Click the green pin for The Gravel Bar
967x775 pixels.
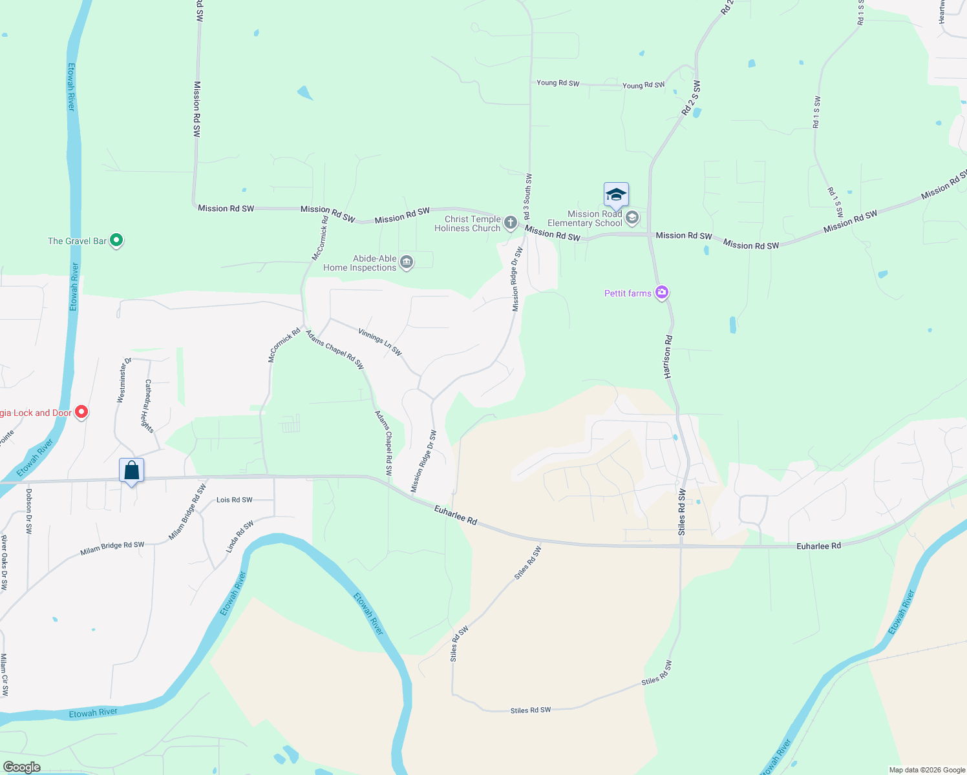[x=116, y=241]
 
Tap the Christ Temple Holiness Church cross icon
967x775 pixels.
[x=511, y=223]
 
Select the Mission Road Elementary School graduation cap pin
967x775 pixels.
[x=616, y=195]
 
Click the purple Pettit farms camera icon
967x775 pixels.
[x=661, y=293]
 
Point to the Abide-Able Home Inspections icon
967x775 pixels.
[x=407, y=262]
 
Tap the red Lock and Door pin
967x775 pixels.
[x=81, y=412]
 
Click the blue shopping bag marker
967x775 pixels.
[x=131, y=471]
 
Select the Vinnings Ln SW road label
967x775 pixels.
[x=380, y=342]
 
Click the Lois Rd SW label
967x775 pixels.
[x=234, y=500]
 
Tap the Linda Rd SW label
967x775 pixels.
[x=239, y=537]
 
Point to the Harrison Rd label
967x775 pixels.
[x=668, y=356]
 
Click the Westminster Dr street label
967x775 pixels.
[x=124, y=380]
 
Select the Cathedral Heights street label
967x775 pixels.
[x=149, y=406]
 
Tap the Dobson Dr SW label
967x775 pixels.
[x=28, y=511]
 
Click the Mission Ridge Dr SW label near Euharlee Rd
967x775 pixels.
[x=424, y=461]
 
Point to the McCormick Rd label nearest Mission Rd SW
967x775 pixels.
[x=320, y=238]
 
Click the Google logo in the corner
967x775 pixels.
[x=22, y=767]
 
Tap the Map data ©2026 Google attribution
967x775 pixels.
[x=927, y=770]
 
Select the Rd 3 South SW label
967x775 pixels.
[x=527, y=196]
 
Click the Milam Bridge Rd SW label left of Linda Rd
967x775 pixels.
[x=112, y=549]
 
